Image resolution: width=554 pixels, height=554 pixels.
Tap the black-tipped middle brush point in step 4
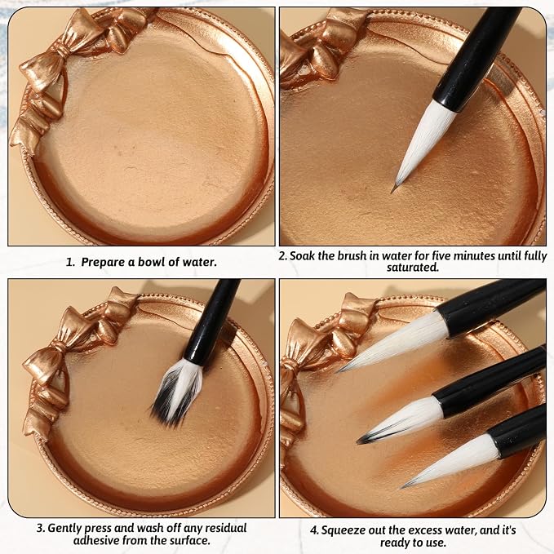[365, 439]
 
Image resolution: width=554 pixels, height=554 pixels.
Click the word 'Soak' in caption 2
[302, 256]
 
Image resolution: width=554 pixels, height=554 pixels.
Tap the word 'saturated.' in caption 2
[413, 268]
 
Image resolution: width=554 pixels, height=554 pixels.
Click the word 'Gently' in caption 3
[64, 528]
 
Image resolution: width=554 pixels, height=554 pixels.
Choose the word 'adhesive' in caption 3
[96, 540]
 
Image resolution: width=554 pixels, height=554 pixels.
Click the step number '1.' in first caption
[70, 263]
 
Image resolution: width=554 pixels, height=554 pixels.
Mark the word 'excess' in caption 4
[437, 530]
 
